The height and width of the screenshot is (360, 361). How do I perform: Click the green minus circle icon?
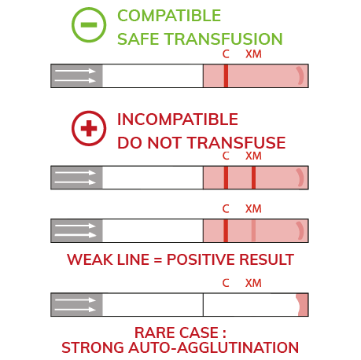point(89,25)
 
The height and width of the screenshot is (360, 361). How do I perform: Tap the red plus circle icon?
point(89,128)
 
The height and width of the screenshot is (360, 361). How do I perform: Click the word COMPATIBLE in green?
point(169,16)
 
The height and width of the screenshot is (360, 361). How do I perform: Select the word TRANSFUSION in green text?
point(223,39)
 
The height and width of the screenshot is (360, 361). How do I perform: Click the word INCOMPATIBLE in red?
point(178,119)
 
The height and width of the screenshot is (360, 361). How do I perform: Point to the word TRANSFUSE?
point(237,143)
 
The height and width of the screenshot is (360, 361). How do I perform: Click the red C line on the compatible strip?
point(226,75)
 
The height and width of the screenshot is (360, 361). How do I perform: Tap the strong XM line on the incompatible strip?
point(253,178)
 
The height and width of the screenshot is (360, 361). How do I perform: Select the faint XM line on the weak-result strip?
point(253,230)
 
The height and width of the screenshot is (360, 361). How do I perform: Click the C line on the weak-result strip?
point(226,230)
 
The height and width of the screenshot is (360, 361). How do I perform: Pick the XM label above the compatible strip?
point(253,54)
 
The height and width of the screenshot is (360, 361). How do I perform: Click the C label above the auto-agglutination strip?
point(226,283)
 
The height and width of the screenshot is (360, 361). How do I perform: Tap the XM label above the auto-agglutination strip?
point(253,283)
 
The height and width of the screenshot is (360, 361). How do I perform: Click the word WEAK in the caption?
point(90,259)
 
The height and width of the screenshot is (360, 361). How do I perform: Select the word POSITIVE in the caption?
point(201,259)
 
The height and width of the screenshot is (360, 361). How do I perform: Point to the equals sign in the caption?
point(158,260)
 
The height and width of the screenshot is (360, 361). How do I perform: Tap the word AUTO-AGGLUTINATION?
point(213,347)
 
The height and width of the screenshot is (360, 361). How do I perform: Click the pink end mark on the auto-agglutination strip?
point(302,305)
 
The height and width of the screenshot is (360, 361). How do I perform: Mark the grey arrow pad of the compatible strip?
point(76,75)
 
